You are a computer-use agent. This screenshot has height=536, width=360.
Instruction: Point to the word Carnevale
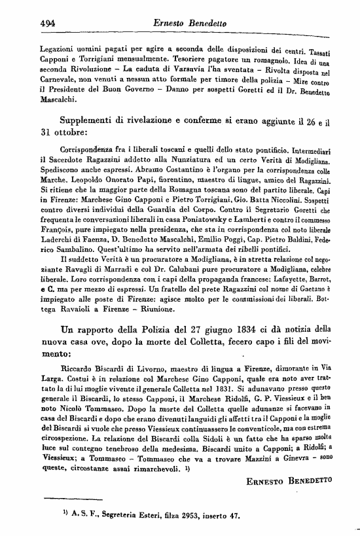[x=59, y=79]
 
